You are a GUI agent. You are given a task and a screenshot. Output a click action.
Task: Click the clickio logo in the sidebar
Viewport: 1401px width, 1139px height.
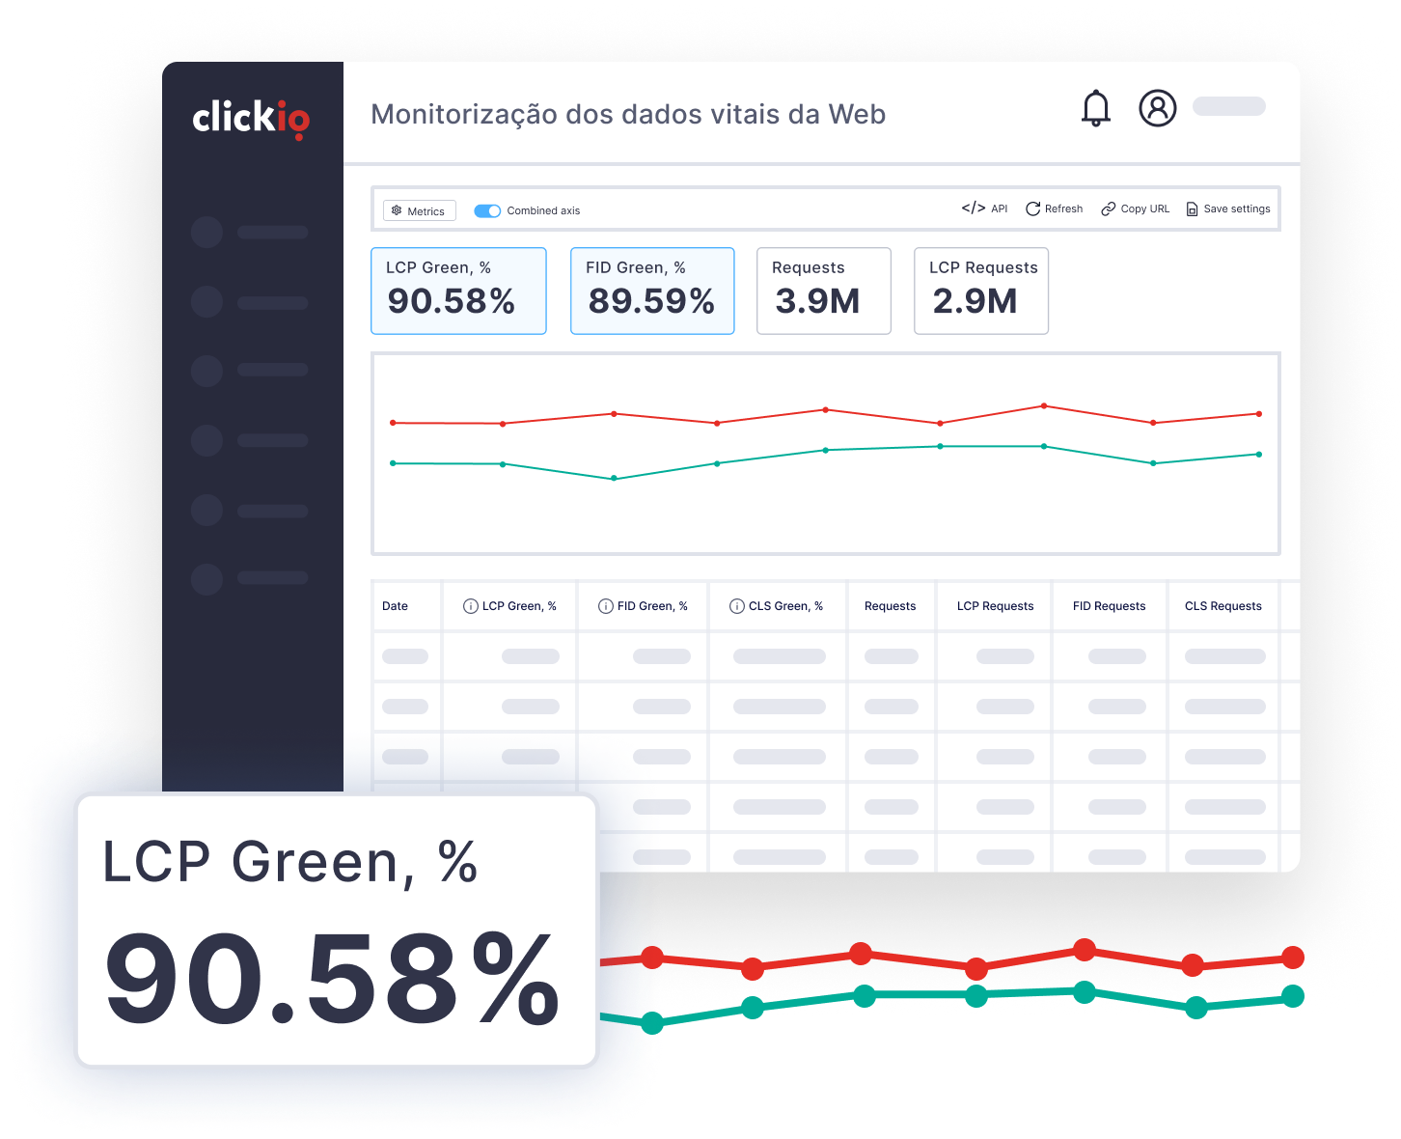(251, 118)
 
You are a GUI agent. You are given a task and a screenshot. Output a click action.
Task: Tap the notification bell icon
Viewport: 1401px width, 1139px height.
(1096, 108)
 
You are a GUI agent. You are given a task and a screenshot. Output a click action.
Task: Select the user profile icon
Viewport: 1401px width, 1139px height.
(1158, 108)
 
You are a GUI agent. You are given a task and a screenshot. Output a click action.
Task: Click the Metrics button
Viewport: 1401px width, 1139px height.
(419, 210)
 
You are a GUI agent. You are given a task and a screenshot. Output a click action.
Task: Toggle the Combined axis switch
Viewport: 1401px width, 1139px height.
(487, 210)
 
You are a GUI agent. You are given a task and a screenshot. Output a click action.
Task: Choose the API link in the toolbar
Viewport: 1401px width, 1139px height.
(984, 208)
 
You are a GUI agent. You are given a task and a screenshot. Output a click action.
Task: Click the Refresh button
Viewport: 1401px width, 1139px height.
(1054, 208)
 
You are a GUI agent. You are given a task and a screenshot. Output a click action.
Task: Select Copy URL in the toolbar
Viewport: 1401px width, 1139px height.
(1135, 208)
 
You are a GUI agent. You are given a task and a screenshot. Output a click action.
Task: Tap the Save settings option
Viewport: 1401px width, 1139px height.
(1227, 208)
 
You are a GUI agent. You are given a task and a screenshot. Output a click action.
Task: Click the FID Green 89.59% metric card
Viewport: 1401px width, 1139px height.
(652, 291)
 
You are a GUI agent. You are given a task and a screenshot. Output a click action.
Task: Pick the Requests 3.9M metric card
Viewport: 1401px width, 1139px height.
(823, 291)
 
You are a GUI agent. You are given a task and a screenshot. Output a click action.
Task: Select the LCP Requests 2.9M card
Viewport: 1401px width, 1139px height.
(980, 291)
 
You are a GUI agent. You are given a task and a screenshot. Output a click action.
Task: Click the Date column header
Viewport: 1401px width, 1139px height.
(395, 606)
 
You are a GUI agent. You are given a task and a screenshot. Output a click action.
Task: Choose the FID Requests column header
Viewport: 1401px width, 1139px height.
(1109, 606)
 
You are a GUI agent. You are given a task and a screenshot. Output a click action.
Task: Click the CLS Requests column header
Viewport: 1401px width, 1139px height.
(1222, 606)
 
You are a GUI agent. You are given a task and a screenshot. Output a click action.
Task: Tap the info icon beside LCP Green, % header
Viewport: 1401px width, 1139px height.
(471, 606)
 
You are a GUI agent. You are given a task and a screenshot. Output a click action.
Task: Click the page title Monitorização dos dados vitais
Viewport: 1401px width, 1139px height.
(628, 114)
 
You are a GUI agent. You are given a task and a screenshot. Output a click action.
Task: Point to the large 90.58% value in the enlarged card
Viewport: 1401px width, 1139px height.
(331, 979)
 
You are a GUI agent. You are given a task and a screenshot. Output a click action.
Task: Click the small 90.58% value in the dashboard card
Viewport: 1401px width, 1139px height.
(451, 301)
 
